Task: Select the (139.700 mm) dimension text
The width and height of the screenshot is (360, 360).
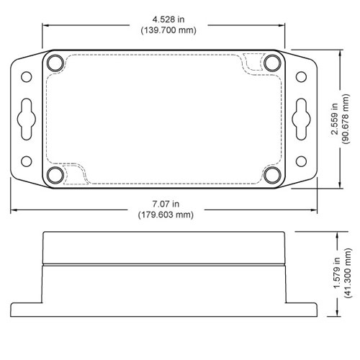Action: pyautogui.click(x=166, y=30)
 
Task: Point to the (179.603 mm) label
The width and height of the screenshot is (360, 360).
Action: pyautogui.click(x=166, y=215)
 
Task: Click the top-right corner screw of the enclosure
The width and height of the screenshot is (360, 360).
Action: pyautogui.click(x=271, y=63)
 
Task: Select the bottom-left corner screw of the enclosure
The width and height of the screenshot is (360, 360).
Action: pyautogui.click(x=55, y=175)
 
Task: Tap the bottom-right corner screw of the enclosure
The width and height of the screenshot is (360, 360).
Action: pyautogui.click(x=271, y=175)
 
